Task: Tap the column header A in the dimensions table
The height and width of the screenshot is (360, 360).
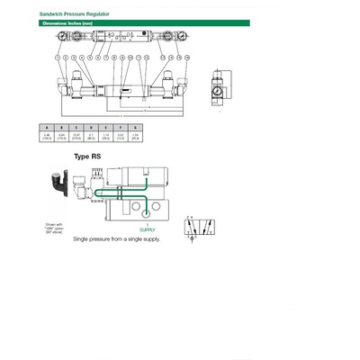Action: point(46,128)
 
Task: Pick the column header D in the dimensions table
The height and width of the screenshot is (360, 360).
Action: point(91,128)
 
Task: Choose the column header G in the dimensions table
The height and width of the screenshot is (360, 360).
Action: point(136,128)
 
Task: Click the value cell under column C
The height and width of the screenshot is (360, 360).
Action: point(76,138)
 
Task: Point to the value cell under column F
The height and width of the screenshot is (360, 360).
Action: point(121,138)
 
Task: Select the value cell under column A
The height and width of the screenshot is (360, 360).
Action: point(46,138)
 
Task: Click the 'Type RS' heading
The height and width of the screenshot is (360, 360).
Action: point(87,156)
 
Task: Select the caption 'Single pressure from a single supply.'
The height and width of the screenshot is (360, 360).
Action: point(117,240)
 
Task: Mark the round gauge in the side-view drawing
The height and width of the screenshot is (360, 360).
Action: point(216,92)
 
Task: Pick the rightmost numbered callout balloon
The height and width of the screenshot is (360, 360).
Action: point(186,56)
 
